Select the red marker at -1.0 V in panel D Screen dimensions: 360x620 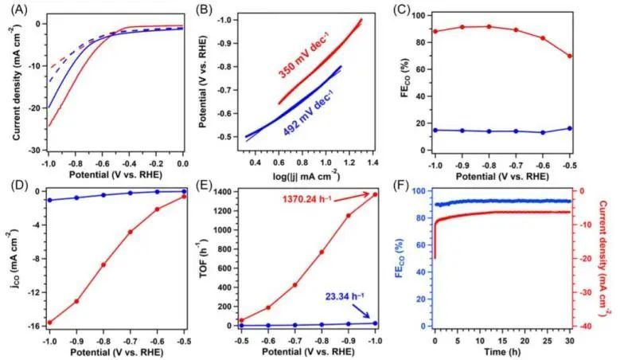(x=49, y=323)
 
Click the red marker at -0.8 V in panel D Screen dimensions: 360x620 (x=103, y=265)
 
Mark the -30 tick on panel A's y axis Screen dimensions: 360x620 (x=32, y=150)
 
